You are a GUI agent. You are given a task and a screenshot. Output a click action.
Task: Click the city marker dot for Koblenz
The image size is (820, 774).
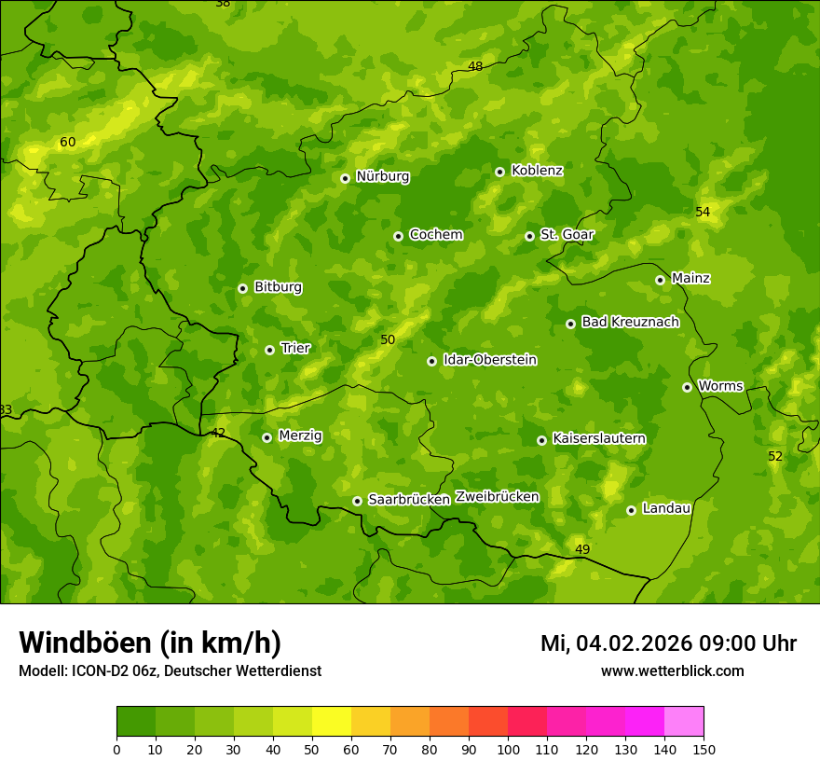pyautogui.click(x=499, y=172)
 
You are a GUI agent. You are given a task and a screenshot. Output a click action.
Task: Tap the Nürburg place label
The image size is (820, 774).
pyautogui.click(x=382, y=176)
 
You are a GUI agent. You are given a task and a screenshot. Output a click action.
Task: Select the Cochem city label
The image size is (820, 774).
pyautogui.click(x=435, y=235)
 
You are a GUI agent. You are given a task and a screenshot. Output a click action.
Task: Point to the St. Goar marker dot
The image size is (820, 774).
pyautogui.click(x=529, y=236)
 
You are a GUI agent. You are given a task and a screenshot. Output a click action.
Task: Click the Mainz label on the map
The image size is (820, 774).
pyautogui.click(x=690, y=278)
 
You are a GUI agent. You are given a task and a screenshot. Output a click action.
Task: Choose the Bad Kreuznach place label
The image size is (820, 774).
pyautogui.click(x=630, y=322)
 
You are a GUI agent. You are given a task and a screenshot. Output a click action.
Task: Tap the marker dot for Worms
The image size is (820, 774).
pyautogui.click(x=687, y=387)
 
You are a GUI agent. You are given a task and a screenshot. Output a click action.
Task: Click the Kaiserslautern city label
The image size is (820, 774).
pyautogui.click(x=598, y=438)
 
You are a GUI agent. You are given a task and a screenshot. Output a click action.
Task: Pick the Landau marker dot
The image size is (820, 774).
pyautogui.click(x=631, y=510)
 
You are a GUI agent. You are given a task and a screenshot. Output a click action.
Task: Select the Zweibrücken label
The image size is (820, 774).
pyautogui.click(x=497, y=497)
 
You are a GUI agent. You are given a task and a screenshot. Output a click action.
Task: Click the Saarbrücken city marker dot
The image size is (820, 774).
pyautogui.click(x=357, y=501)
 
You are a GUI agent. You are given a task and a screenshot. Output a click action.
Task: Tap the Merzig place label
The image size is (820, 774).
pyautogui.click(x=300, y=435)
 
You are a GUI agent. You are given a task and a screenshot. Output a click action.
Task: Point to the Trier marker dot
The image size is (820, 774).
pyautogui.click(x=269, y=350)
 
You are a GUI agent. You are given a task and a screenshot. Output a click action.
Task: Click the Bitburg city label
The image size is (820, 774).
pyautogui.click(x=278, y=287)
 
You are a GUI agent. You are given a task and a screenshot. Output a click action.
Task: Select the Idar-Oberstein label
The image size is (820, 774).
pyautogui.click(x=490, y=360)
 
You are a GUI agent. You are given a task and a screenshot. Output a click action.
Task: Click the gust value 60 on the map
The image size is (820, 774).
pyautogui.click(x=67, y=143)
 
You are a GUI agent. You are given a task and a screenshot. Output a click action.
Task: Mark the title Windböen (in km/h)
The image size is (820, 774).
pyautogui.click(x=149, y=643)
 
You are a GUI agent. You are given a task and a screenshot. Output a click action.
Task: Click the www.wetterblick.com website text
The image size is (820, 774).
pyautogui.click(x=672, y=671)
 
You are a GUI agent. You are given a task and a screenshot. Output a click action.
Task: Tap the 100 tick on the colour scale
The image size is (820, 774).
pyautogui.click(x=508, y=749)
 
